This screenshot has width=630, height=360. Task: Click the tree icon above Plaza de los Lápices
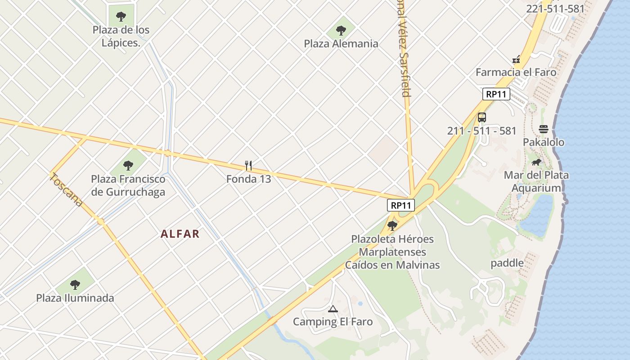coord(121,17)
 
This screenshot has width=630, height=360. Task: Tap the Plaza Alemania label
coord(341,44)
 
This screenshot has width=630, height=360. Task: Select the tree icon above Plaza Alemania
coord(341,31)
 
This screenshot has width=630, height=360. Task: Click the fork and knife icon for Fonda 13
coord(248,166)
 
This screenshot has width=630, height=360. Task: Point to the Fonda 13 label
coord(248,179)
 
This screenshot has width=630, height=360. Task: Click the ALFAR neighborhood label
coord(180,234)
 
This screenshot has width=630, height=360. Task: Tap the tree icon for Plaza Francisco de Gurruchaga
coord(128,165)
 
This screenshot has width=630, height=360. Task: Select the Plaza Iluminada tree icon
coord(75,284)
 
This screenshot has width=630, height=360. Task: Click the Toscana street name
coord(67,189)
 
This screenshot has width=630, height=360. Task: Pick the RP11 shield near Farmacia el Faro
coord(496,94)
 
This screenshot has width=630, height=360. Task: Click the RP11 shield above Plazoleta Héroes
coord(400,205)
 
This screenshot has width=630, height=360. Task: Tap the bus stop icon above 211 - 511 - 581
coord(482,117)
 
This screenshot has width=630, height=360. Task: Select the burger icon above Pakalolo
coord(543,129)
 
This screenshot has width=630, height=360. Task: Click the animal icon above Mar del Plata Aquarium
coord(536,162)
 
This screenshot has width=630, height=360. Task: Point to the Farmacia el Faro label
coord(516,72)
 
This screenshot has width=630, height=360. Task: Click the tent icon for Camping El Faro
coord(333,309)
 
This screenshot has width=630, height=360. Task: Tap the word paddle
coord(507,263)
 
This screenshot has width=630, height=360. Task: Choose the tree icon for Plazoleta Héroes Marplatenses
coord(392,225)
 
